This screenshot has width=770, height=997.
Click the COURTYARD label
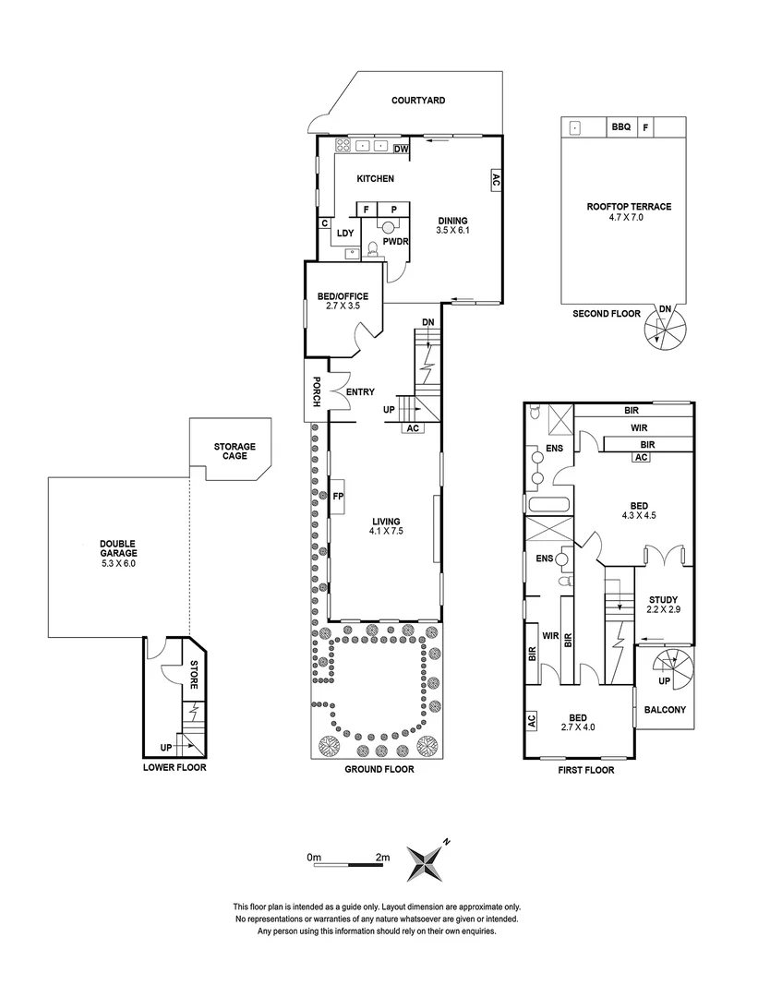click(x=417, y=100)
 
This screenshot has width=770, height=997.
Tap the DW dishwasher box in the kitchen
click(x=401, y=149)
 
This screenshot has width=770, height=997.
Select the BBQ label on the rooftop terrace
click(x=620, y=128)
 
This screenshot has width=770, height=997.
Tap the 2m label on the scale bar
click(x=383, y=858)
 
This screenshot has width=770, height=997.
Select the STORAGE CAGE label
click(x=235, y=451)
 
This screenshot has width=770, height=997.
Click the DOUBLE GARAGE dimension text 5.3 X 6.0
click(x=118, y=563)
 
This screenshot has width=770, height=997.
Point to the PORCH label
click(x=316, y=391)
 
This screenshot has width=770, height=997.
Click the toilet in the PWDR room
click(x=373, y=247)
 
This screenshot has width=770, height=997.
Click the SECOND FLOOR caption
click(x=606, y=314)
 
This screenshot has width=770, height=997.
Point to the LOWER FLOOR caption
click(x=174, y=767)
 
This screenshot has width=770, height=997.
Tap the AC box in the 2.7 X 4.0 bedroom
click(x=532, y=721)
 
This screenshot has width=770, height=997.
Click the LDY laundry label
click(x=345, y=233)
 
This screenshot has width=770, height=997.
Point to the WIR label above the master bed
click(x=638, y=428)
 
